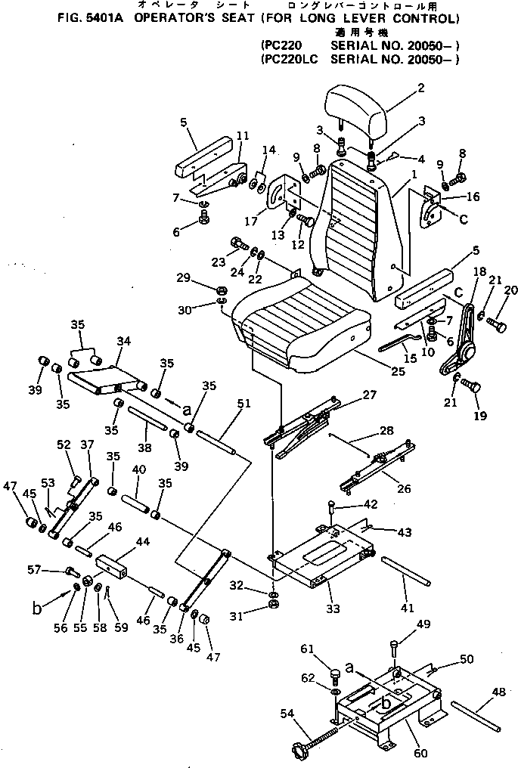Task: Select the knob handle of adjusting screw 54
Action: [292, 752]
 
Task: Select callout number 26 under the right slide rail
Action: [405, 489]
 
